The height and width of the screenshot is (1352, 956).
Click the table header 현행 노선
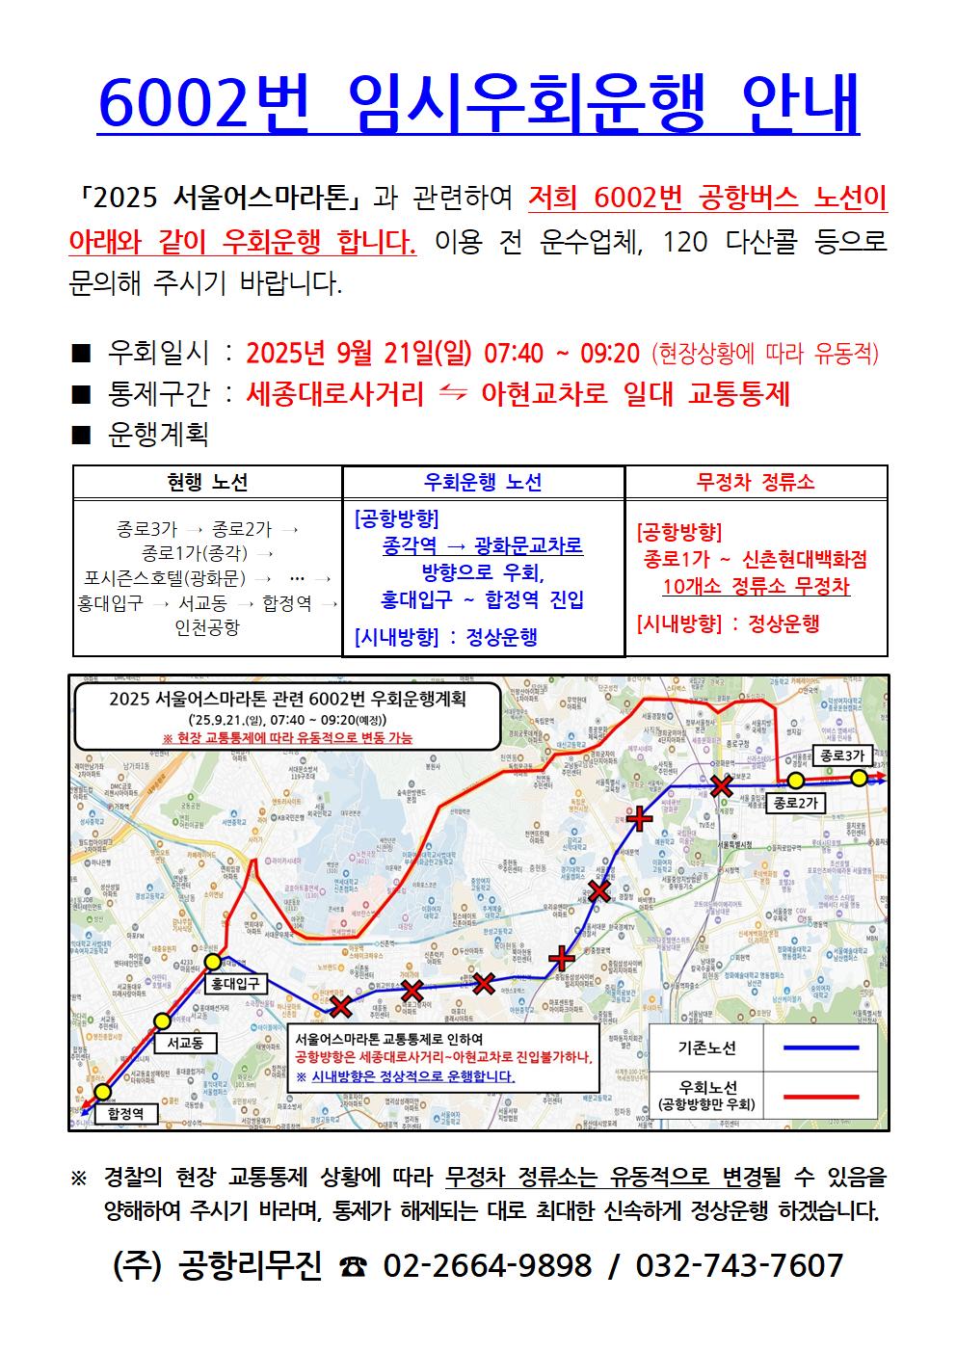pos(207,482)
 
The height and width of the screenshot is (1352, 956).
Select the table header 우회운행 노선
pos(483,482)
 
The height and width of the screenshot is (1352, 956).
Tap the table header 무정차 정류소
pos(756,482)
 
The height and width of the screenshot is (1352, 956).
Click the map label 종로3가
pos(841,756)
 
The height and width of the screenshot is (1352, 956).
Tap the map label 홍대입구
pos(235,984)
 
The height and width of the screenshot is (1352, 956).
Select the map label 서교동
pos(184,1042)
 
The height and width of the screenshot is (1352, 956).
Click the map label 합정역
pos(125,1113)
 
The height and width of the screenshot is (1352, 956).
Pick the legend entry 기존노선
pos(707,1047)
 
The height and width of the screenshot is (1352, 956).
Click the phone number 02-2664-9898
pos(487,1264)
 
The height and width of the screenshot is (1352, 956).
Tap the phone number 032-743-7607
pos(739,1264)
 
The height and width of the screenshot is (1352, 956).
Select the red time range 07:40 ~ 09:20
pos(563,353)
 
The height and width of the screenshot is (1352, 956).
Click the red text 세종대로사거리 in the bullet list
pos(334,393)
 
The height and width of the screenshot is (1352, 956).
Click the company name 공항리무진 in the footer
pos(251,1264)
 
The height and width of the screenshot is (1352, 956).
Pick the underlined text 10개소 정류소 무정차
pos(756,586)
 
